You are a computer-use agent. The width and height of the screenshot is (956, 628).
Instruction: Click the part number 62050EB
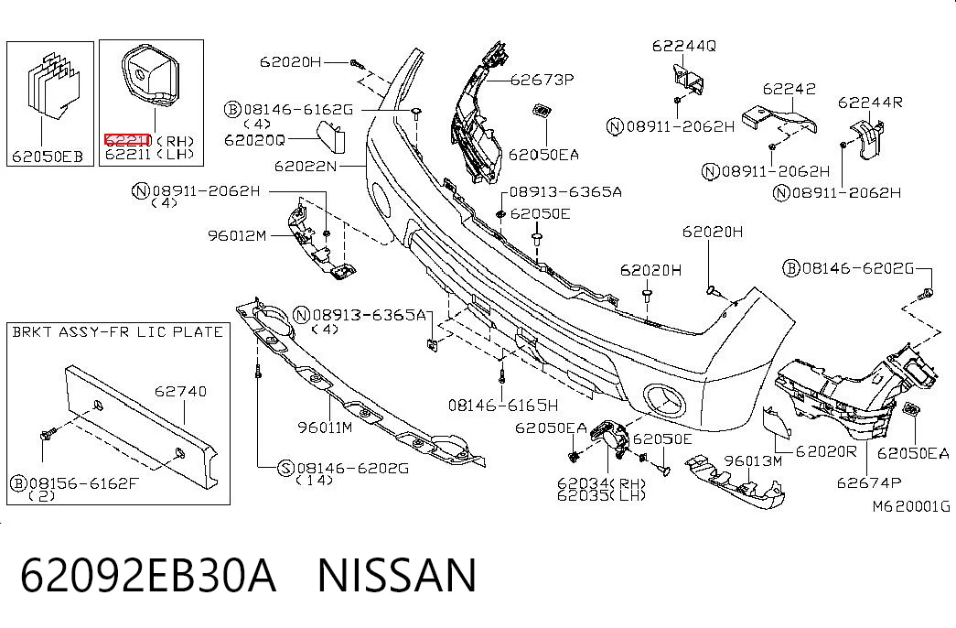(x=48, y=156)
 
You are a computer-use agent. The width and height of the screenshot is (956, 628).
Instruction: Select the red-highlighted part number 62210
(x=127, y=140)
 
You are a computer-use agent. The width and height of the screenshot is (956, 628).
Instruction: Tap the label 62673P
(x=542, y=80)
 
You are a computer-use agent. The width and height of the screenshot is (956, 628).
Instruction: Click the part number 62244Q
(x=684, y=46)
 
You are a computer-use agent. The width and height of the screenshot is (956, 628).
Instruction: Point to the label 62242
(x=789, y=89)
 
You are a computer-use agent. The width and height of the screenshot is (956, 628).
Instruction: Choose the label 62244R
(x=870, y=102)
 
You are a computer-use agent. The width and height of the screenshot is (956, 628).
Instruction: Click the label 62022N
(x=306, y=166)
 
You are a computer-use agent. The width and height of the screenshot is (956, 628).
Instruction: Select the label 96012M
(x=237, y=235)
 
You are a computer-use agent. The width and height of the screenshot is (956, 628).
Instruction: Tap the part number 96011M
(x=325, y=428)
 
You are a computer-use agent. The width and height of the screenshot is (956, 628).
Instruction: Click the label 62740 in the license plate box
(x=180, y=391)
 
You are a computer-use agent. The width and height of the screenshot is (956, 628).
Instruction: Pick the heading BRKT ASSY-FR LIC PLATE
(x=118, y=332)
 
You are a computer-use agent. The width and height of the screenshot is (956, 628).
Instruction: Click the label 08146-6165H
(x=503, y=405)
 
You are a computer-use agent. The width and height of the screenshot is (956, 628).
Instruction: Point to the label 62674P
(x=869, y=482)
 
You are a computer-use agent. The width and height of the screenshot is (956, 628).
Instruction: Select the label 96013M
(x=752, y=460)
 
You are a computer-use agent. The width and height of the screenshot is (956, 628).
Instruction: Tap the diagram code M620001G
(x=911, y=506)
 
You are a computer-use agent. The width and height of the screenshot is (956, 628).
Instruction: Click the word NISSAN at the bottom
(x=397, y=576)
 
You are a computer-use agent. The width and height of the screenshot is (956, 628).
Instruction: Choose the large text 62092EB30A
(x=148, y=576)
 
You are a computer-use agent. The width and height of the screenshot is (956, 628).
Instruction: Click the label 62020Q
(x=255, y=140)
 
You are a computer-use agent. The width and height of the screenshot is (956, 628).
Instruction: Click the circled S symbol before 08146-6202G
(x=285, y=469)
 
